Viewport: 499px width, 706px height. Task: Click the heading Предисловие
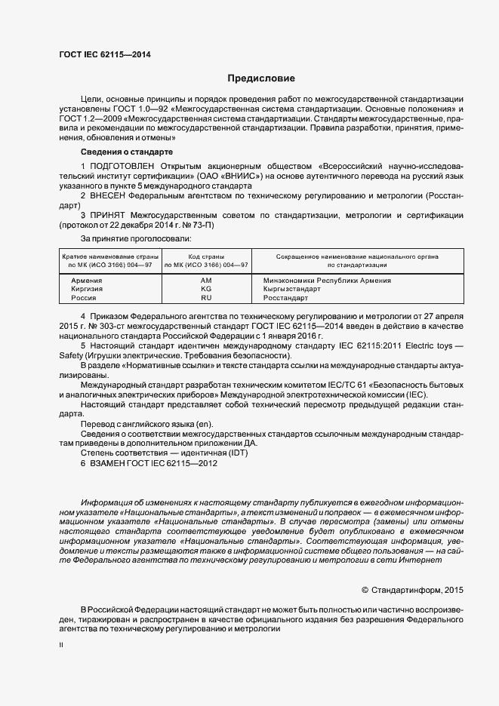[261, 78]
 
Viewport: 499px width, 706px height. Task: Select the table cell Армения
[86, 281]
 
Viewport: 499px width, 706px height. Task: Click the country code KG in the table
[206, 289]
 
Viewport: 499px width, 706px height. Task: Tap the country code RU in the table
[206, 298]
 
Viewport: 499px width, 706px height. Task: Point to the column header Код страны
[206, 256]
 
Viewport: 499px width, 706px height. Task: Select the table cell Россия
[84, 298]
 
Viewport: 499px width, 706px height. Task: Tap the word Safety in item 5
[73, 355]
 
